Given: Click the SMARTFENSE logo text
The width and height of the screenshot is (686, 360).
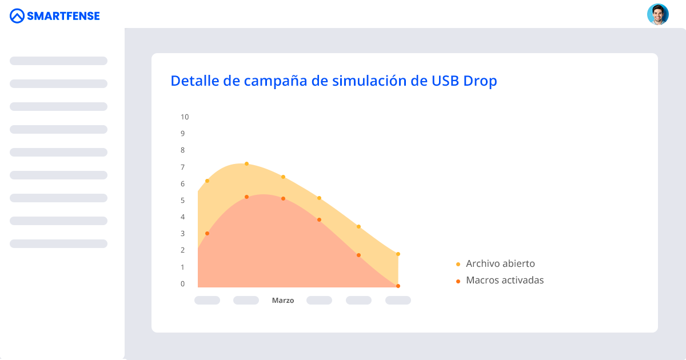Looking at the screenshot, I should tap(63, 16).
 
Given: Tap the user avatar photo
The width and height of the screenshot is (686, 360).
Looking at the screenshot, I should tap(657, 14).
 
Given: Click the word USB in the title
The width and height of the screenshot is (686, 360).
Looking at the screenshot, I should tap(442, 81).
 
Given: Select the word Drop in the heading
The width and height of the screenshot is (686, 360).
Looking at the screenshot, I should tap(480, 81).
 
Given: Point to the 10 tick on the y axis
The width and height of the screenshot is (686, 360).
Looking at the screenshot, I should tap(185, 117).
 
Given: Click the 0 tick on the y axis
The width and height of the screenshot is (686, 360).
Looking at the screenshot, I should tap(183, 284).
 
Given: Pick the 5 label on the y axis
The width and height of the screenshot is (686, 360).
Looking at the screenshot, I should tap(183, 201).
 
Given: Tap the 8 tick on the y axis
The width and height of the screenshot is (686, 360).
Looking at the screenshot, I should tap(183, 150).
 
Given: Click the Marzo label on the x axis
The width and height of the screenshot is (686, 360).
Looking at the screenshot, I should tap(283, 301).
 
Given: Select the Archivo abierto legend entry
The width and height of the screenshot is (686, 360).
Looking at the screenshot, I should tap(500, 263).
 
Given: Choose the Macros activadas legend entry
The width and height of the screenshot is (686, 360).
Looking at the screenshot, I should tap(505, 280).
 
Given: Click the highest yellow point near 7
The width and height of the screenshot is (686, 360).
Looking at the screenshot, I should tap(246, 164).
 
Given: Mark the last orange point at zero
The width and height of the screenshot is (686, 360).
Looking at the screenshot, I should tap(398, 286).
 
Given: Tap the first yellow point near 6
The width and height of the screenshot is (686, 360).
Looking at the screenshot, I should tap(207, 181).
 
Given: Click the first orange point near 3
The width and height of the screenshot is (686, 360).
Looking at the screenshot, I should tap(207, 234).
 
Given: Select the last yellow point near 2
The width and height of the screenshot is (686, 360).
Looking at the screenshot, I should tap(398, 254).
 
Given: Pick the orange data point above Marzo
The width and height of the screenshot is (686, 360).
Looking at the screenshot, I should tap(283, 199).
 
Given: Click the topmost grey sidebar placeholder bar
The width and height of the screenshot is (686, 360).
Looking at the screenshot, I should tap(58, 61).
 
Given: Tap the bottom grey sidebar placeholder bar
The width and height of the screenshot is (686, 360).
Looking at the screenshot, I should tap(58, 243).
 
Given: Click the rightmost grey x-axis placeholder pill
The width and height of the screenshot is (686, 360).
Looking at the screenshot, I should tap(398, 301).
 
